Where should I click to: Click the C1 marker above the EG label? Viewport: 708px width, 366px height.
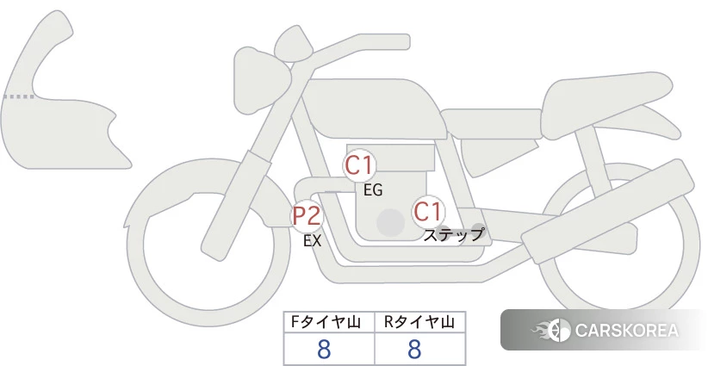(x=359, y=165)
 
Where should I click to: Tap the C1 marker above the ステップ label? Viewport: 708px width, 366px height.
(x=427, y=212)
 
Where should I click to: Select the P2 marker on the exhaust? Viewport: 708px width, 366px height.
(x=307, y=215)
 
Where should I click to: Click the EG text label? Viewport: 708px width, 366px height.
(x=373, y=190)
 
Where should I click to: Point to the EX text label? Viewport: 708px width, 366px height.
(x=313, y=241)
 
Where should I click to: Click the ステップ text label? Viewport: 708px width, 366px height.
(x=453, y=235)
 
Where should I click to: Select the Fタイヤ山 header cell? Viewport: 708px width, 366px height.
(x=329, y=322)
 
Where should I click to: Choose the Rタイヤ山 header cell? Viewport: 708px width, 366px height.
(x=420, y=322)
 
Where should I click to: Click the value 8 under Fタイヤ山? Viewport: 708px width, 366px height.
(x=324, y=349)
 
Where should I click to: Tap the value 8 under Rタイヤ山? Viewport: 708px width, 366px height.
(x=414, y=349)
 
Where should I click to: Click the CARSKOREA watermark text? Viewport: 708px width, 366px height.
(x=627, y=331)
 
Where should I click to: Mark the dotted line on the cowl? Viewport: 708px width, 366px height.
(x=18, y=96)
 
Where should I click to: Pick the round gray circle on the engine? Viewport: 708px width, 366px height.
(x=390, y=222)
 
